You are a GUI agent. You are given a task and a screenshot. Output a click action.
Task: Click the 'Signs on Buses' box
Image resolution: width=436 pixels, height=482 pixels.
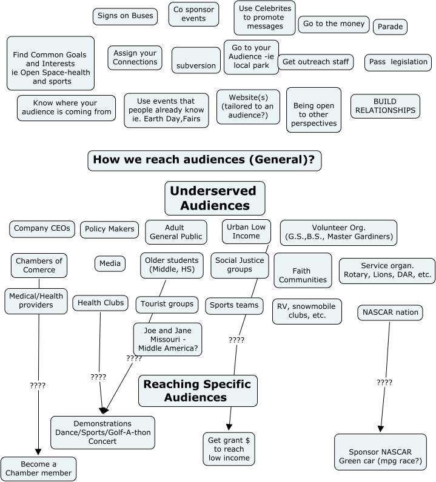point(126,16)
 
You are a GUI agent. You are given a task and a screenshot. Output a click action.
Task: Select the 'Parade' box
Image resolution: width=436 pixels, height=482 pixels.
point(389,27)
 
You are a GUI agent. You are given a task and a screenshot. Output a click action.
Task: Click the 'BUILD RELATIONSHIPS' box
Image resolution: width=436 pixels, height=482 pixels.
point(385,106)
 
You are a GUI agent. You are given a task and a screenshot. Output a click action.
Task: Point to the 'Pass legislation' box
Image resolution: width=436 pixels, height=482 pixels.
point(398,62)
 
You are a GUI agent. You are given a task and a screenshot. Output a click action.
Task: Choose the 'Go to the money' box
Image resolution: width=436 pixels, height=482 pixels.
point(334,24)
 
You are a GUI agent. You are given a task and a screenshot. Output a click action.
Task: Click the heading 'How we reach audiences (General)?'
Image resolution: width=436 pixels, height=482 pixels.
point(204,160)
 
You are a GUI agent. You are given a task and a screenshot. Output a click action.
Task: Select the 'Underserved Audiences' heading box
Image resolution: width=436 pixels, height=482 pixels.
point(215,198)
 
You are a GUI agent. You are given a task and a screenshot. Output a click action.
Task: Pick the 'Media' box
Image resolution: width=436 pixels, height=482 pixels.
point(110,263)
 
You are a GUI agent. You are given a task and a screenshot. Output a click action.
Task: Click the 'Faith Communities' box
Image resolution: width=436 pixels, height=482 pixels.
point(303,270)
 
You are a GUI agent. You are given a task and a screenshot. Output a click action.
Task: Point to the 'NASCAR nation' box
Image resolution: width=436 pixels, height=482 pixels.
point(390,313)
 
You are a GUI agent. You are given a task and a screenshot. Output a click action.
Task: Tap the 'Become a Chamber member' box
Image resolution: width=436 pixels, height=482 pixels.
point(38,468)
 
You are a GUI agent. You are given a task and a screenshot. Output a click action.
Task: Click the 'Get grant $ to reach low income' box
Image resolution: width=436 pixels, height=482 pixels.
point(230,449)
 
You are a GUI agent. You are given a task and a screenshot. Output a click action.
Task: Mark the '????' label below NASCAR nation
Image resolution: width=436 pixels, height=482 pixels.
point(384,383)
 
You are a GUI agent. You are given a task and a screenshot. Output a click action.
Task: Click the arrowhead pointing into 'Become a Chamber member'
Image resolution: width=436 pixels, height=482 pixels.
point(38,452)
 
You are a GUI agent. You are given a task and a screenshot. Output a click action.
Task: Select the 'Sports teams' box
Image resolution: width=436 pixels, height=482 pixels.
point(234,305)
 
